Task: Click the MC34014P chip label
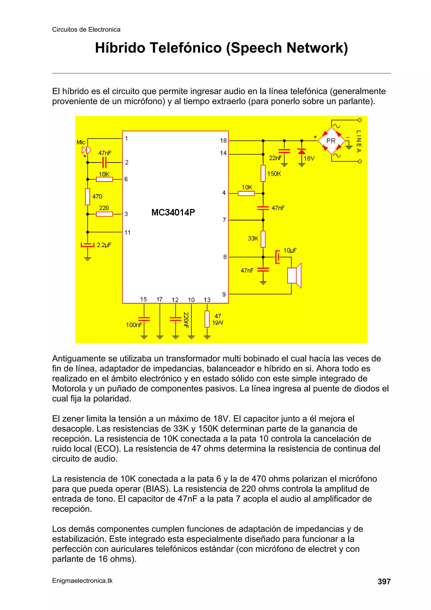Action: (173, 212)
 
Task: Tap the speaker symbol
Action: (294, 275)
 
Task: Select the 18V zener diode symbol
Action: (301, 151)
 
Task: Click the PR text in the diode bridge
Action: (331, 141)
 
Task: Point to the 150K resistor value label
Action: (274, 174)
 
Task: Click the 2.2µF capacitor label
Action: (104, 245)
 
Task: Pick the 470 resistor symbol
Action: (88, 197)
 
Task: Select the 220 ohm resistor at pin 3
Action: (104, 214)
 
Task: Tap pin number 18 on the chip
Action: (223, 140)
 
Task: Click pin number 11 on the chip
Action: (128, 232)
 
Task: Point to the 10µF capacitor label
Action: (290, 250)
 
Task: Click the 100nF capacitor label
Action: (134, 325)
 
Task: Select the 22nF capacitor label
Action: (275, 158)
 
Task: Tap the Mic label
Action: (81, 142)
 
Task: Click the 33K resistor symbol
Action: (263, 239)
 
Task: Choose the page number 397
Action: (384, 582)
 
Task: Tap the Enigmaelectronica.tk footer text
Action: (82, 581)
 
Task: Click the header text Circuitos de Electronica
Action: (86, 29)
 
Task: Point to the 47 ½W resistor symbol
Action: (207, 319)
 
